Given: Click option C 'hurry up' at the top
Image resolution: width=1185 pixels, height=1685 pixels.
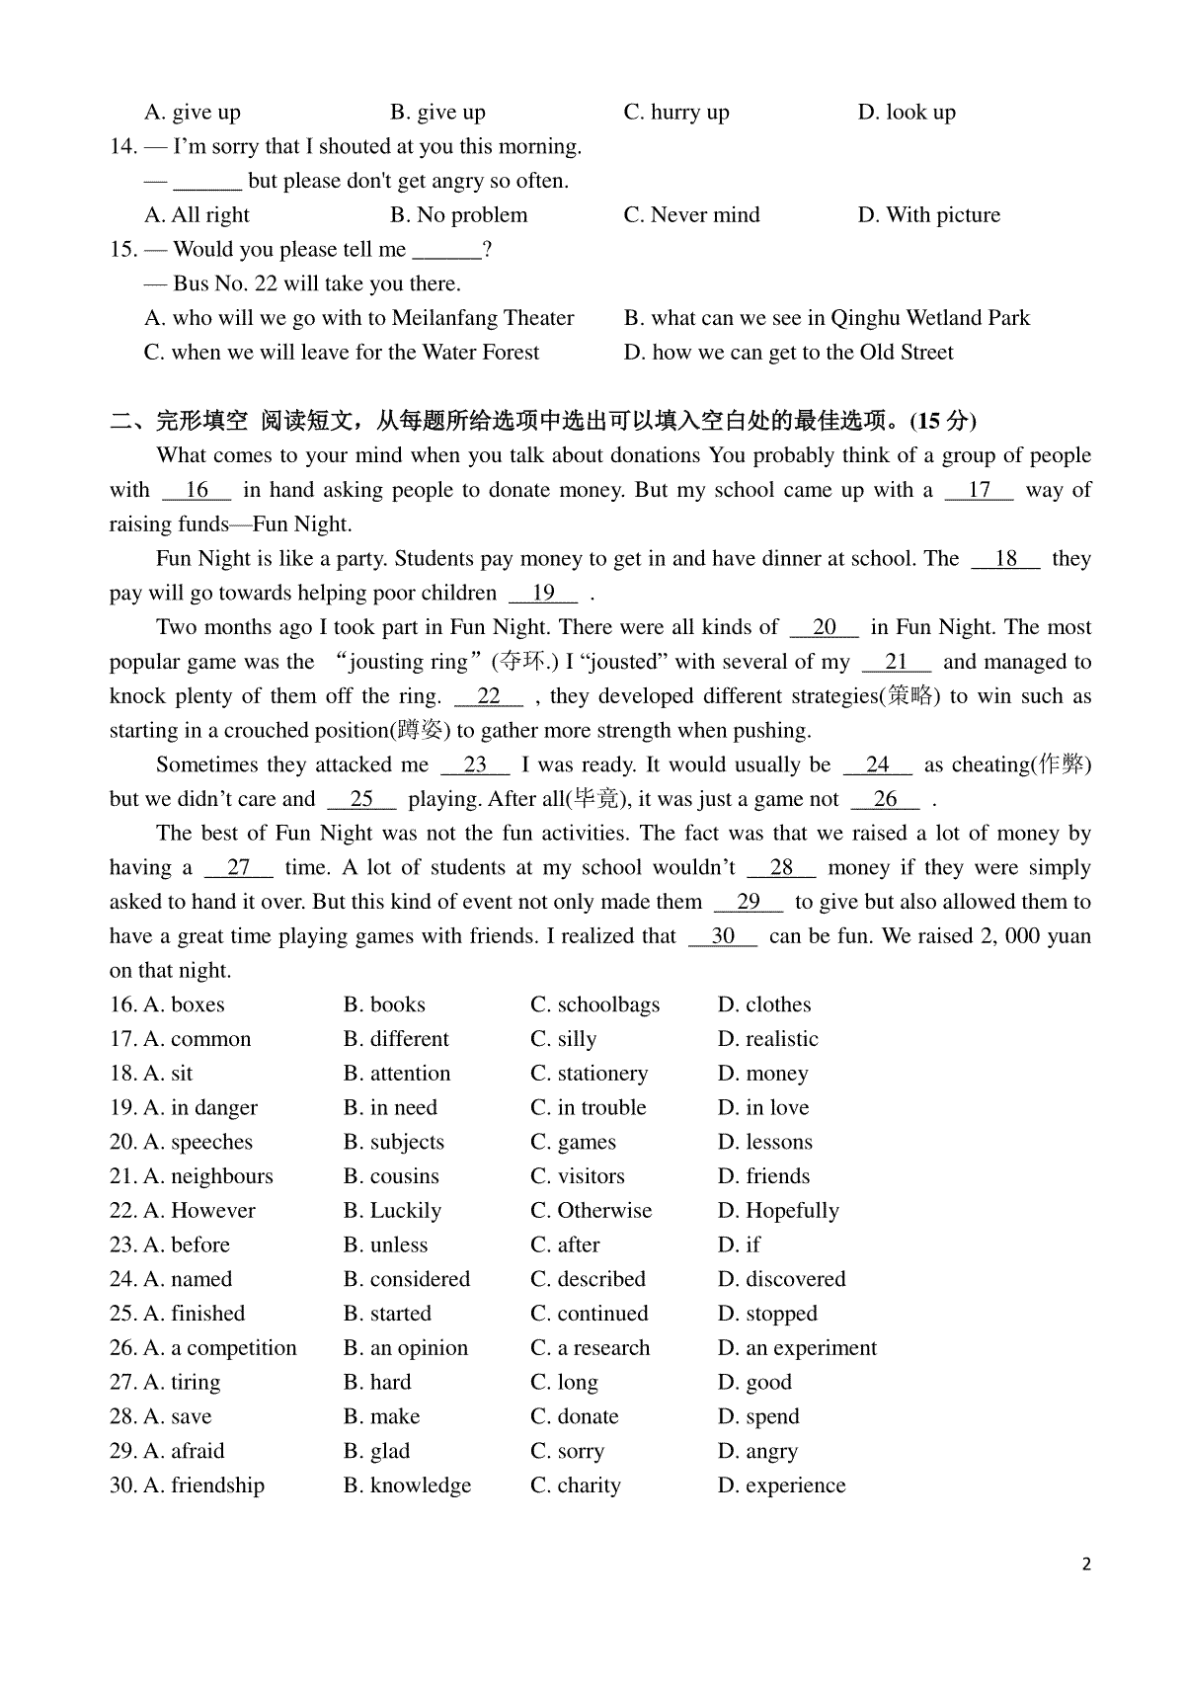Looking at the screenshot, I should pos(676,113).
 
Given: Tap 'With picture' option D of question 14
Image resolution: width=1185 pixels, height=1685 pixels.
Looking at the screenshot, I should pos(928,215).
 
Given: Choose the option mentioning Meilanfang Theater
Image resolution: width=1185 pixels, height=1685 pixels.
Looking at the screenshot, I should pos(359,318).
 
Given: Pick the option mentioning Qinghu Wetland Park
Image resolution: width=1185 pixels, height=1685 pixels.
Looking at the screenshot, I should pos(827,318).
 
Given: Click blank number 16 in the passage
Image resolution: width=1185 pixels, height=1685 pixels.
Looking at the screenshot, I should pos(197,490).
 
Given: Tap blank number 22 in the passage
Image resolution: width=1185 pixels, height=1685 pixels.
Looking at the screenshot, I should pos(489,696).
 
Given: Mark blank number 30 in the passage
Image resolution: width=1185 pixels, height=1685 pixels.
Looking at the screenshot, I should pos(723,936).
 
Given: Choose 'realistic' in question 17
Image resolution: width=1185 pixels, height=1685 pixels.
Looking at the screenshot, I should pos(767,1039).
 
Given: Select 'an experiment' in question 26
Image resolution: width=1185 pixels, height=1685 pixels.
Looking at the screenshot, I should pos(797,1348).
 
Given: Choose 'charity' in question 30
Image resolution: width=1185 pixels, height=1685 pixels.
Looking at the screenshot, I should pos(576,1485).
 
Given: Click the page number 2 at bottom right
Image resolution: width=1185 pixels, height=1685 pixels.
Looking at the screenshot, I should pos(1086,1565).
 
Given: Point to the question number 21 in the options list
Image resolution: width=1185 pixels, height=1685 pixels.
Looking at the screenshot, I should pos(122,1176).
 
